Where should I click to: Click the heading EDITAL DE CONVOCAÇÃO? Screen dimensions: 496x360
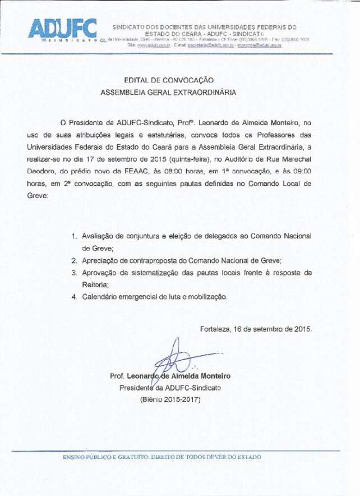(169, 80)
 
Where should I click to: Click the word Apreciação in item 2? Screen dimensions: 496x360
(101, 261)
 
